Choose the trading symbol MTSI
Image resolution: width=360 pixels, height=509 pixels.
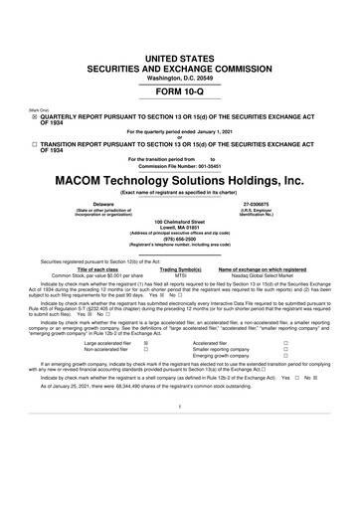coord(181,275)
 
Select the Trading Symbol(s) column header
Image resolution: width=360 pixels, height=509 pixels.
coord(181,269)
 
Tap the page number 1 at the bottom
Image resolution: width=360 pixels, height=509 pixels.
coord(180,434)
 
